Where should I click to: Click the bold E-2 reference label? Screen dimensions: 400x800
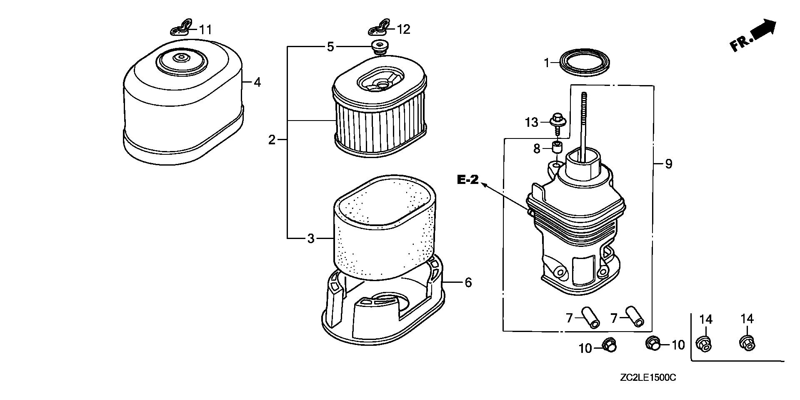[467, 180]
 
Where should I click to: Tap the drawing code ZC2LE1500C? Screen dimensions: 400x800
[647, 378]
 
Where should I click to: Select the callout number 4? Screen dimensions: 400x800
[257, 83]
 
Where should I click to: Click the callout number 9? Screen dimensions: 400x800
[668, 164]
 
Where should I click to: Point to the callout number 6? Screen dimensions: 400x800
[468, 283]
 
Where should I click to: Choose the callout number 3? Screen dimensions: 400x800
[310, 239]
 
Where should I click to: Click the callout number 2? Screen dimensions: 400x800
[272, 140]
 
